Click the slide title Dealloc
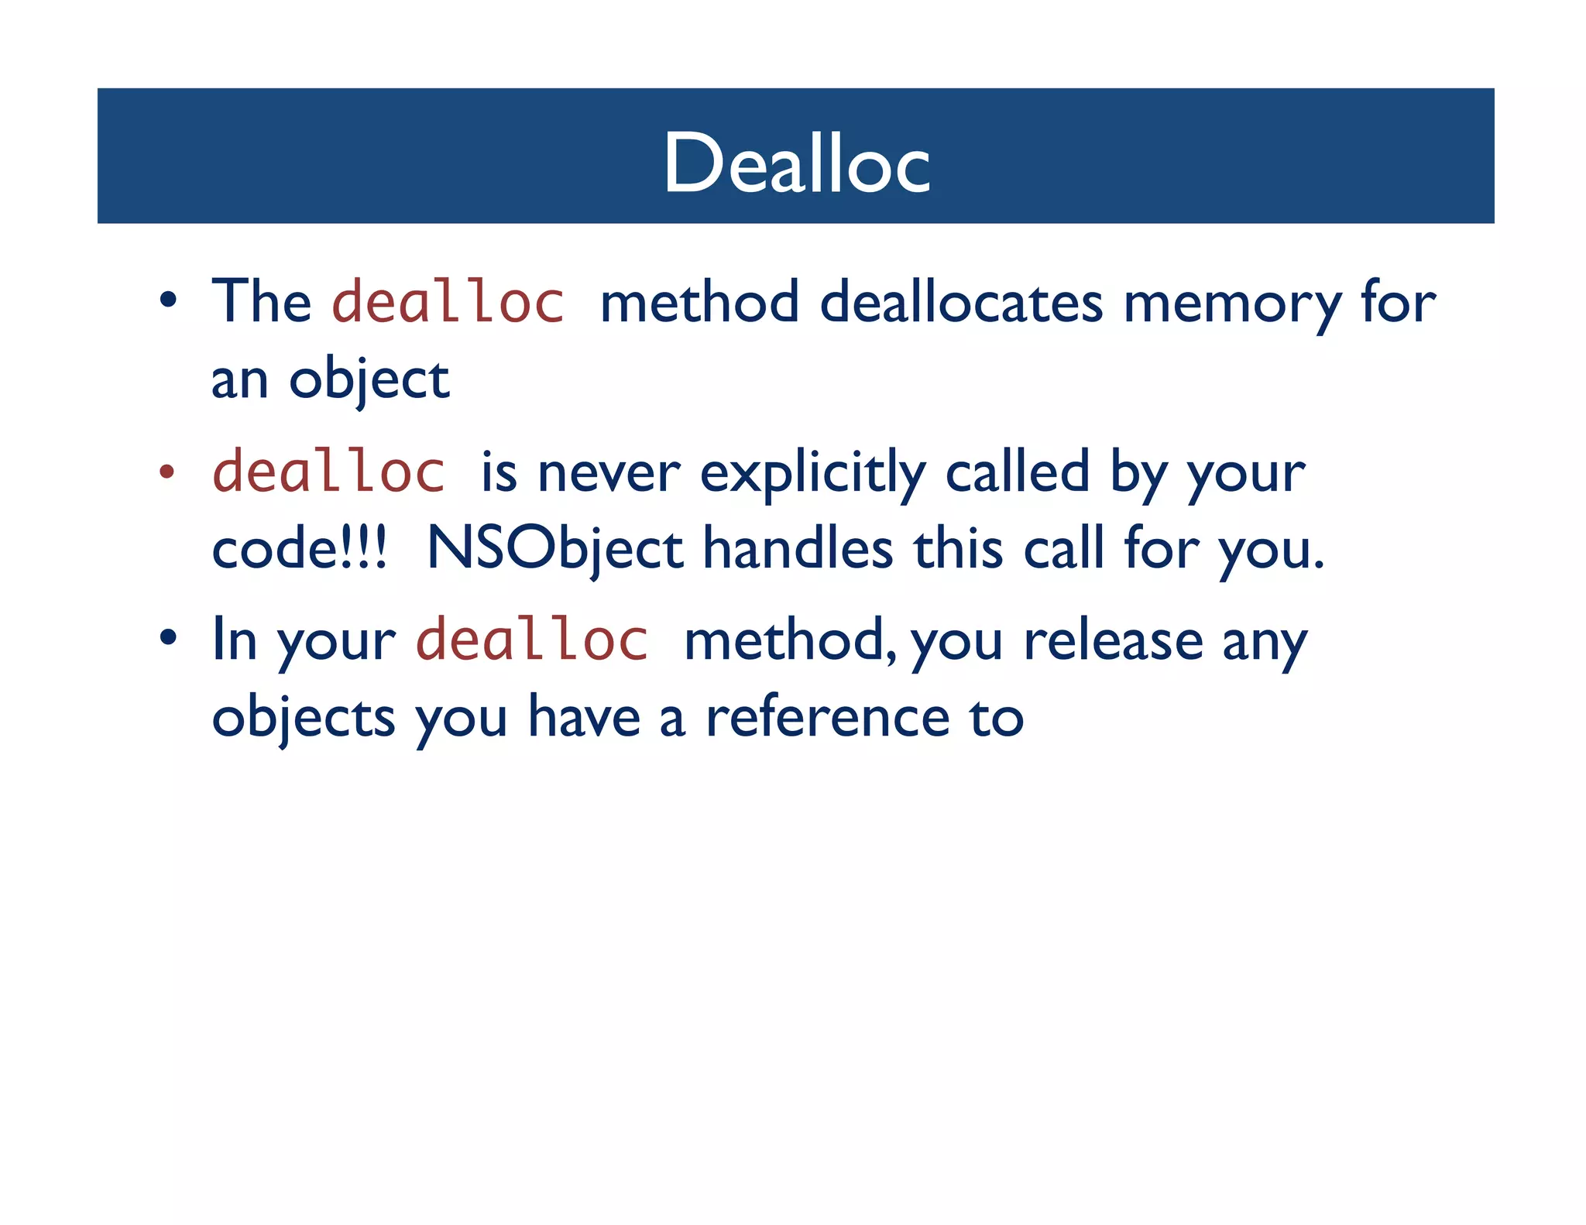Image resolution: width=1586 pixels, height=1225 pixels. (x=796, y=163)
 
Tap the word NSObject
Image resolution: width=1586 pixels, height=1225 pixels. (x=554, y=549)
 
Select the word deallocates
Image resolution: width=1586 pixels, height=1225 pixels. (x=960, y=302)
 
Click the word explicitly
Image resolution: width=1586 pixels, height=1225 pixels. (x=812, y=472)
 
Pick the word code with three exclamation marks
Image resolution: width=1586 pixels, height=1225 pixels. (x=299, y=549)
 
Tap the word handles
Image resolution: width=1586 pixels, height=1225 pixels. (x=798, y=549)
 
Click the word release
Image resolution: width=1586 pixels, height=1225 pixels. (x=1113, y=641)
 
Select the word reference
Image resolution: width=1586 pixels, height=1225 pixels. (x=827, y=717)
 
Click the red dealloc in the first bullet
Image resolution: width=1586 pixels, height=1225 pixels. (x=448, y=301)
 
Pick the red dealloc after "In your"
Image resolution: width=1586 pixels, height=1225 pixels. (x=532, y=640)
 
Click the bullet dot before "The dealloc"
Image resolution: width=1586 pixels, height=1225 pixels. (x=168, y=300)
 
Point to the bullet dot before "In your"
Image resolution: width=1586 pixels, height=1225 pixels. (x=168, y=639)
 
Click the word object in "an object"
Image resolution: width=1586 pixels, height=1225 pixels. (x=369, y=380)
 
